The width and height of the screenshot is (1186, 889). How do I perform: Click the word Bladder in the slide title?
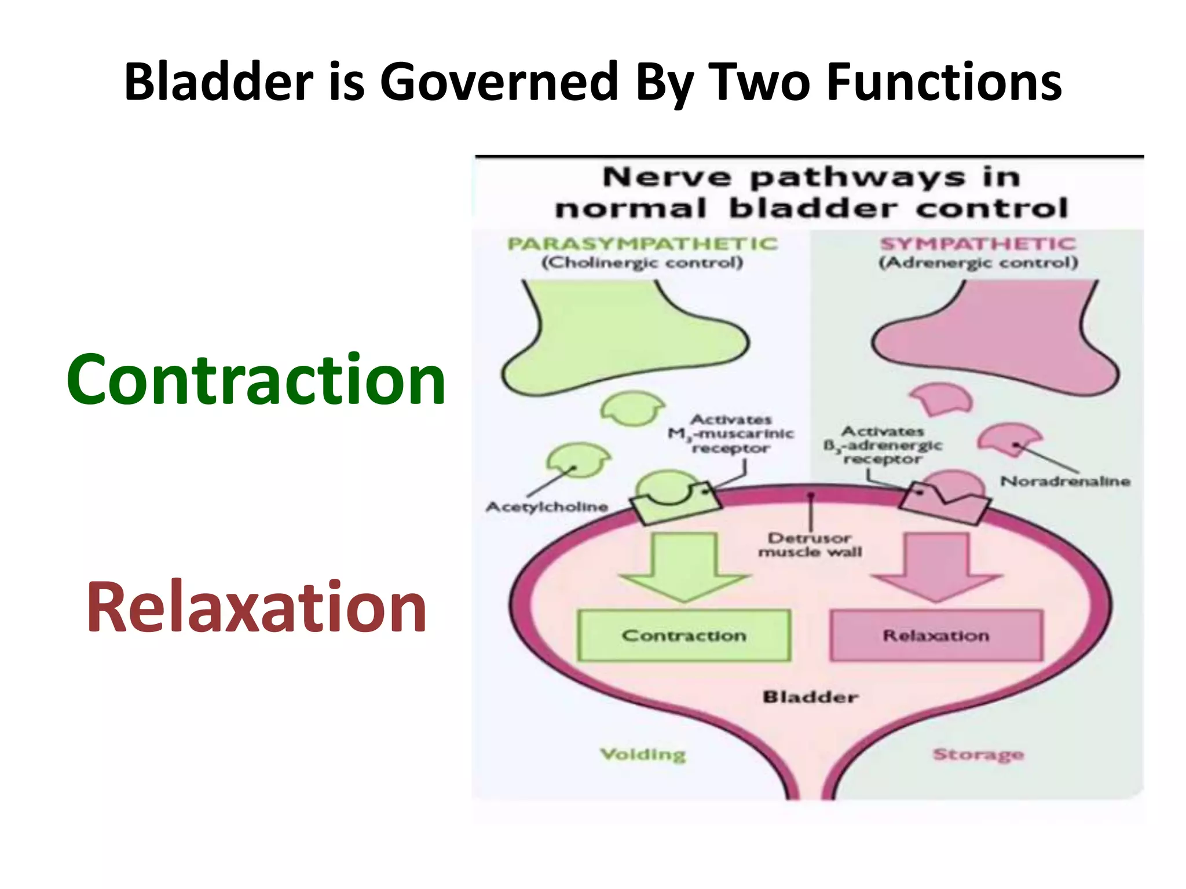(218, 82)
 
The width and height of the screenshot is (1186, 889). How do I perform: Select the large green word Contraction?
(256, 380)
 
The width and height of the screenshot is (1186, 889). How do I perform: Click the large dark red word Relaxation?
(257, 608)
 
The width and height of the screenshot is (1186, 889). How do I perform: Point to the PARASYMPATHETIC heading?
(642, 244)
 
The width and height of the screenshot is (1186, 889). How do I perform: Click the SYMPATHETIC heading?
(978, 244)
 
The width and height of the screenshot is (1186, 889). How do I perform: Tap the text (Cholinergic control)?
(642, 263)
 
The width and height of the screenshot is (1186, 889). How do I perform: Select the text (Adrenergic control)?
(978, 263)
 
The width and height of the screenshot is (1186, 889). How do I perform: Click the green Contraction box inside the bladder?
(684, 635)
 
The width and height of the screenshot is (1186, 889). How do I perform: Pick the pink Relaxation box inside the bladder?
(936, 635)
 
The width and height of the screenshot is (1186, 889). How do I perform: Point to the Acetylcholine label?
(547, 507)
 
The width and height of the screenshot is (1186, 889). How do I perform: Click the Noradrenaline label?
(1065, 481)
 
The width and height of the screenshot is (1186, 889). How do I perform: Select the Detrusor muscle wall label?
(810, 545)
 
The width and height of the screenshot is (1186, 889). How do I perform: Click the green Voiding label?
(643, 754)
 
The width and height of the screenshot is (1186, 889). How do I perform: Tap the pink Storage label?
(978, 754)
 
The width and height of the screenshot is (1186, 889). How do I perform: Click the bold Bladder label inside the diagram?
(810, 696)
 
